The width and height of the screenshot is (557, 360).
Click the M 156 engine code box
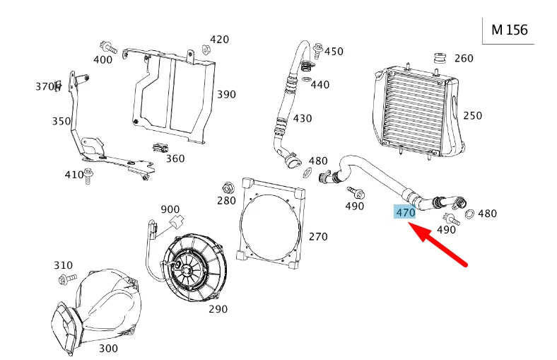point(510,30)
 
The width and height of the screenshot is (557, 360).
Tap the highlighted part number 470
point(405,212)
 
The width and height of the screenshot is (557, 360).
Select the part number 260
point(464,58)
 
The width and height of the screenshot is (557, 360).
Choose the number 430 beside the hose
point(302,118)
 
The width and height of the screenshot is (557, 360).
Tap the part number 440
point(319,84)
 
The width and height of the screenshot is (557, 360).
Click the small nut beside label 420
point(205,50)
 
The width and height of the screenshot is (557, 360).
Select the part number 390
point(226,94)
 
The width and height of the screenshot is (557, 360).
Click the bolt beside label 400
point(108,47)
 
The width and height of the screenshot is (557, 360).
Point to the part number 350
point(61,121)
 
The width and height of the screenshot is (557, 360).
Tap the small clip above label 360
point(160,147)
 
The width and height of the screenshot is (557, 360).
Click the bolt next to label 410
point(89,175)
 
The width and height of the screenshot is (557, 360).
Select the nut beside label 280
point(228,188)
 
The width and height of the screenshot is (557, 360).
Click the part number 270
point(318,236)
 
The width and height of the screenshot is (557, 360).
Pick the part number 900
point(170,209)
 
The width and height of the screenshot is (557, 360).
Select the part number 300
point(108,348)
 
